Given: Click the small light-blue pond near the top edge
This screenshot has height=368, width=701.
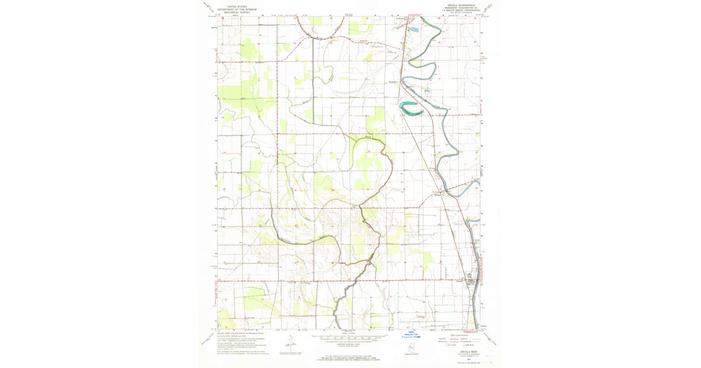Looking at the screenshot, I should (x=413, y=29).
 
